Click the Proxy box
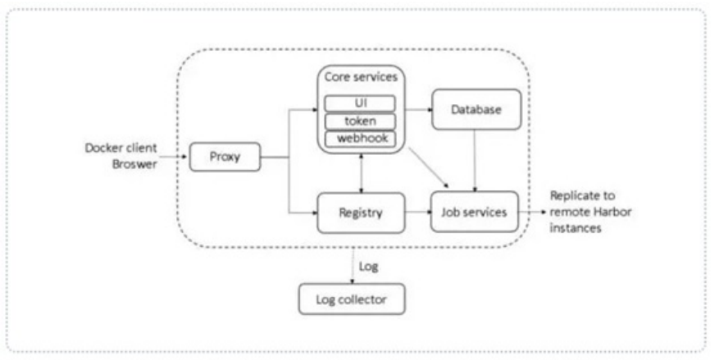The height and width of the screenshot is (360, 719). [225, 157]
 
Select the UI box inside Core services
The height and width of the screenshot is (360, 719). [360, 103]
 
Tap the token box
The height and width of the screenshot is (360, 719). [360, 121]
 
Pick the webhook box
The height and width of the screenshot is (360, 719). [360, 139]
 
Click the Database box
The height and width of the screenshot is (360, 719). [476, 110]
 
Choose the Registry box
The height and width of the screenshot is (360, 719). [361, 212]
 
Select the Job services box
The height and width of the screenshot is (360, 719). [474, 212]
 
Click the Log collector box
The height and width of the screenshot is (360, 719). [352, 299]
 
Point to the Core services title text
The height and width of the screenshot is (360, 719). [361, 77]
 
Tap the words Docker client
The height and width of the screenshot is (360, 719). [121, 148]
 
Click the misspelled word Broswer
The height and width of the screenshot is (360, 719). [134, 164]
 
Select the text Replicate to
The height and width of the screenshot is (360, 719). [582, 196]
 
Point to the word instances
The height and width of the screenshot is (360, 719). [576, 228]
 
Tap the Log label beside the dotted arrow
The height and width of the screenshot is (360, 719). [368, 267]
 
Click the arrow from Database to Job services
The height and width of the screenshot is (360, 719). [475, 161]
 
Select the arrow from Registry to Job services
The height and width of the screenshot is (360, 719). [418, 212]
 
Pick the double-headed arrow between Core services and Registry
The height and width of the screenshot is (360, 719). [362, 173]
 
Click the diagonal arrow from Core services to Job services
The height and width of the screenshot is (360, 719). [429, 168]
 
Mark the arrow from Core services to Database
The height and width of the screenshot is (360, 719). [419, 110]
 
